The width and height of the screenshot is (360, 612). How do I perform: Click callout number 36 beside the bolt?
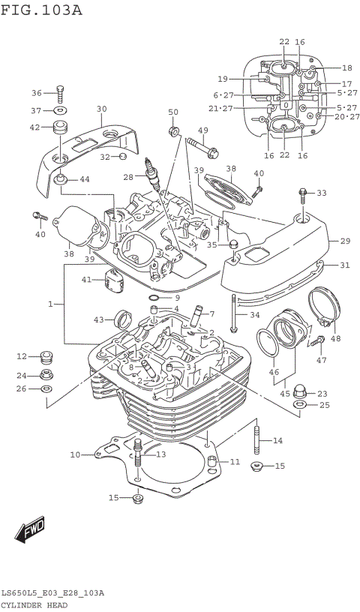[37, 93]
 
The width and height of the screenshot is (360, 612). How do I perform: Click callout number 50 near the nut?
[173, 112]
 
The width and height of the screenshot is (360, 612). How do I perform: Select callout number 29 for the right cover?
[345, 241]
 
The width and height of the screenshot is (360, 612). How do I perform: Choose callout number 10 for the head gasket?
[75, 454]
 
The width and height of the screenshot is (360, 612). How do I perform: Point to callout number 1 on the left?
[51, 304]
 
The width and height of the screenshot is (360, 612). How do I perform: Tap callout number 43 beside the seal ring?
[98, 320]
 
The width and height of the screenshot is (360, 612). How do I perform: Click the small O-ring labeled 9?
[153, 298]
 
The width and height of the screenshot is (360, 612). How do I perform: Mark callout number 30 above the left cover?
[102, 109]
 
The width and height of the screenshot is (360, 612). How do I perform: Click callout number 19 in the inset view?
[223, 79]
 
